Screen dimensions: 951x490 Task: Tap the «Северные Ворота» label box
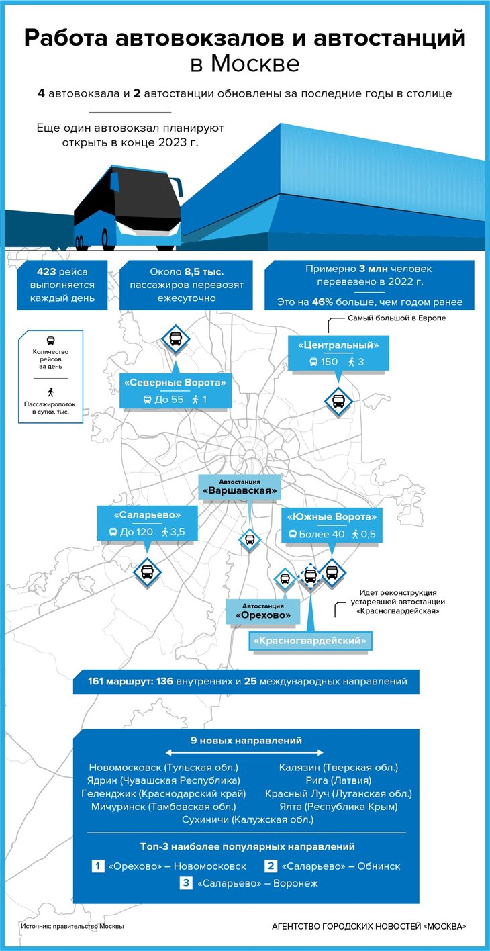tap(175, 383)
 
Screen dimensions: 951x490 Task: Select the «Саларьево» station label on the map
tap(147, 516)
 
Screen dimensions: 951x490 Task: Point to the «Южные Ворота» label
tap(332, 517)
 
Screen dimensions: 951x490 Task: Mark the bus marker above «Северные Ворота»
tap(175, 337)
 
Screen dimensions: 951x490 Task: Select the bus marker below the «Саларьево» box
tap(147, 572)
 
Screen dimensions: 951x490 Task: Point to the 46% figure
tap(323, 302)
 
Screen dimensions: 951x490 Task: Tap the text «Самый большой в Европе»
tap(396, 318)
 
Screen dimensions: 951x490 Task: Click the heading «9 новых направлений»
tap(246, 741)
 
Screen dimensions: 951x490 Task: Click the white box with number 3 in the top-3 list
tap(186, 884)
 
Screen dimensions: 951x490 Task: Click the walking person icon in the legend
tap(50, 392)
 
